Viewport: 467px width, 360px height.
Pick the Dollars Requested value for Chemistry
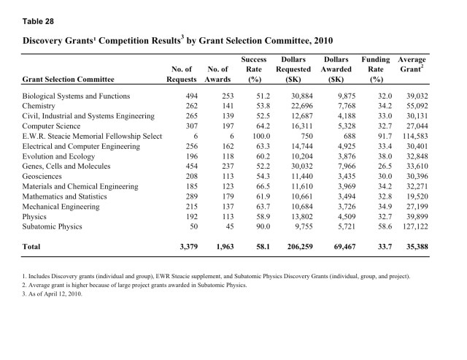(x=296, y=106)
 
